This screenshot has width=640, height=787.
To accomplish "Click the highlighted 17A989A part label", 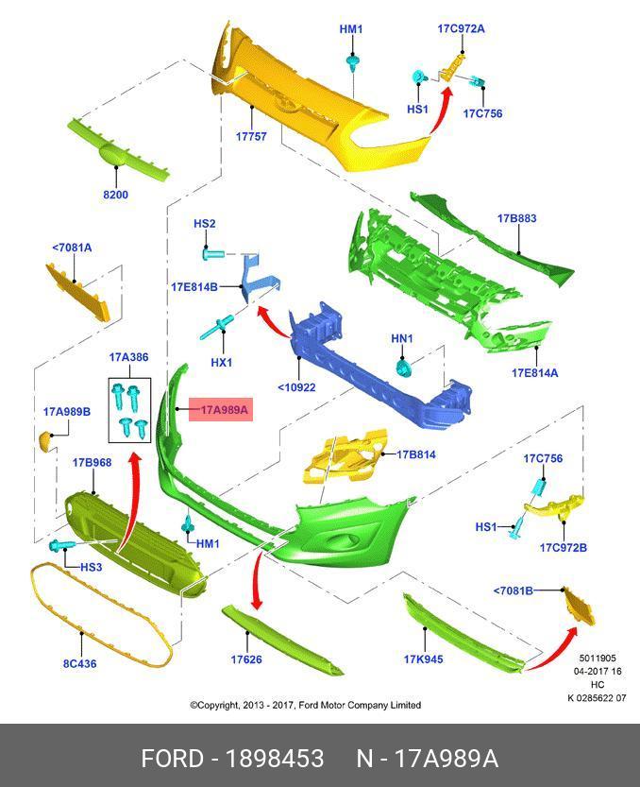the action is pyautogui.click(x=221, y=410).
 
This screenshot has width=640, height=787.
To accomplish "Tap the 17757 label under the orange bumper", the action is pyautogui.click(x=251, y=136).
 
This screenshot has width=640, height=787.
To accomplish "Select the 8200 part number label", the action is pyautogui.click(x=116, y=195).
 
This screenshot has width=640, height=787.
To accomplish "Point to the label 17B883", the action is pyautogui.click(x=516, y=218).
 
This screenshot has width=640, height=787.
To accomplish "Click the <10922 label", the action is pyautogui.click(x=297, y=387).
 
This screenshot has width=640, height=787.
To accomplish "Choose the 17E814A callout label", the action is pyautogui.click(x=534, y=373).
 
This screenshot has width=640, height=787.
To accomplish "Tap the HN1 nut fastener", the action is pyautogui.click(x=403, y=368).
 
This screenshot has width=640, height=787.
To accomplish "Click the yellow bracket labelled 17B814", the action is pyautogui.click(x=346, y=456).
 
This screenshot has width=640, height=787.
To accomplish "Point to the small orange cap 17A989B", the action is pyautogui.click(x=45, y=440).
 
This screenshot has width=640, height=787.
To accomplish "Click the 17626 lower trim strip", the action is pyautogui.click(x=282, y=639).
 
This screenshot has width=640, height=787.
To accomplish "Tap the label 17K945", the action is pyautogui.click(x=423, y=659).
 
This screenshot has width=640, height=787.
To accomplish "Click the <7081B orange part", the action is pyautogui.click(x=578, y=607).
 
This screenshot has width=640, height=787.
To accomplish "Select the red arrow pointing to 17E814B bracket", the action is pyautogui.click(x=270, y=320).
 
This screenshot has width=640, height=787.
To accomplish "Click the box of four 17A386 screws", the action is pyautogui.click(x=130, y=410).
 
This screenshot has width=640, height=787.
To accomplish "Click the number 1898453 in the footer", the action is pyautogui.click(x=275, y=758).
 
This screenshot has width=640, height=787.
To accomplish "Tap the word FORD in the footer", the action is pyautogui.click(x=173, y=758).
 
